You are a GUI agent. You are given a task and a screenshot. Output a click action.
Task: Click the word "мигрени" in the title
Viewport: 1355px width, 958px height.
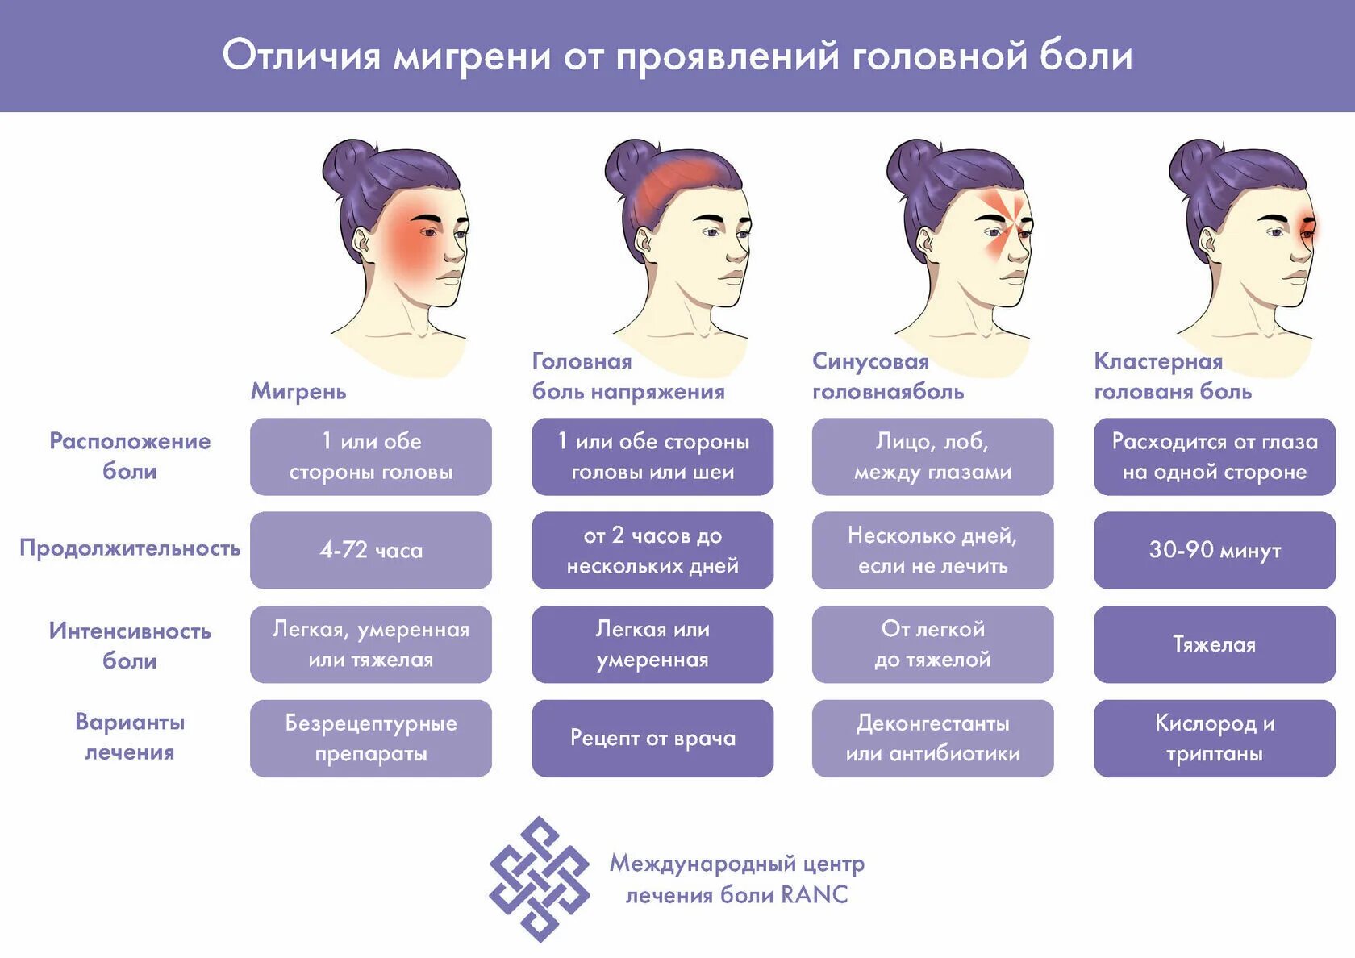(472, 56)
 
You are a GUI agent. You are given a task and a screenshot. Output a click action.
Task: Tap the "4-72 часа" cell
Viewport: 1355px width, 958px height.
(371, 550)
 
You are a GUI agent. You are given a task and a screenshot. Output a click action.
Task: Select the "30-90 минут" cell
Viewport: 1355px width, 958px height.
(1215, 550)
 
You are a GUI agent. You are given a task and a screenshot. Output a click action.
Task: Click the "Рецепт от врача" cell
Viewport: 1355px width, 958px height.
(652, 738)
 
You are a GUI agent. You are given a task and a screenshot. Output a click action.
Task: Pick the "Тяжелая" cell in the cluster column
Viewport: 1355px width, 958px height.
(1215, 644)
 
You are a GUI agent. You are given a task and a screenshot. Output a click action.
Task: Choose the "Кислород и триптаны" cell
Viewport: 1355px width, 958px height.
(1215, 738)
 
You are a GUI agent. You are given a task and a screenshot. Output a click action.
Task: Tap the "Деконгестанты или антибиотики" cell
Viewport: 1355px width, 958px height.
(932, 738)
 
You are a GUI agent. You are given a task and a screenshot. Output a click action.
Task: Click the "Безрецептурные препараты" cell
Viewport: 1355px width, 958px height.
(371, 738)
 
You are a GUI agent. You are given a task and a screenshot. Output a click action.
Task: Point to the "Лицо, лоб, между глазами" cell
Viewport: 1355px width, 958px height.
(932, 456)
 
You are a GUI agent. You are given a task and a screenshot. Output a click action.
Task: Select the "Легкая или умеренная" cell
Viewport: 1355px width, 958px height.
(652, 644)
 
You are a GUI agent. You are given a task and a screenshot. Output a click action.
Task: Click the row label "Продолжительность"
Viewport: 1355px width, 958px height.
(130, 548)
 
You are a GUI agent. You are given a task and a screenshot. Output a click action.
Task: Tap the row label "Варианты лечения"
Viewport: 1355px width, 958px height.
(130, 736)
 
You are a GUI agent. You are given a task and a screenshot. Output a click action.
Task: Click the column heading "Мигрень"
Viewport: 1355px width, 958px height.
(298, 391)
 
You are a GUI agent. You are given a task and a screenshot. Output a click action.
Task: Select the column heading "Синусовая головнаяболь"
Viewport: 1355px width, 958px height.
(887, 377)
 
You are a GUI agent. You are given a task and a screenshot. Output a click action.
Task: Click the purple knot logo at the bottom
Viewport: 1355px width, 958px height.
(539, 879)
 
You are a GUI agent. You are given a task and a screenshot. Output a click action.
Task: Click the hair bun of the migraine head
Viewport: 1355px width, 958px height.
(348, 165)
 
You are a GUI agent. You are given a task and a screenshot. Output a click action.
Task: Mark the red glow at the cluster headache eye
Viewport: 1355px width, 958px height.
(1307, 227)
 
